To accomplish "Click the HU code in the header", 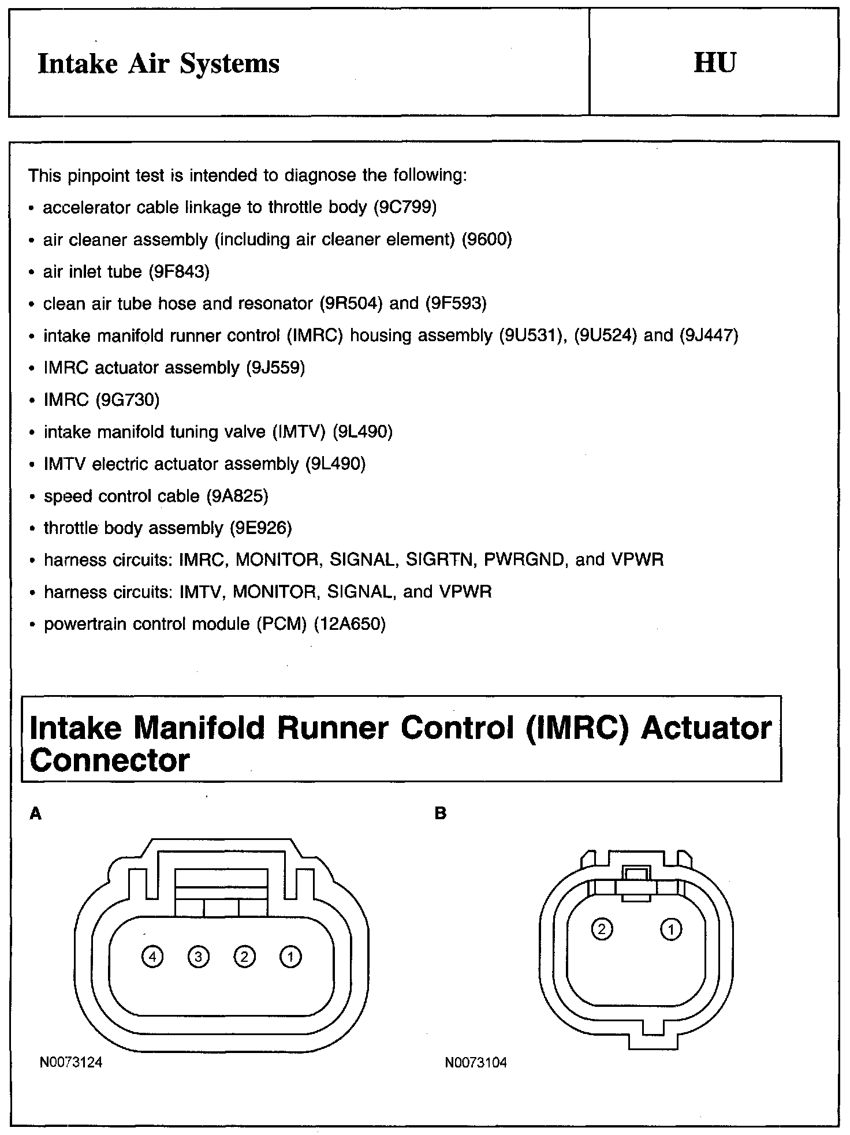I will tap(714, 62).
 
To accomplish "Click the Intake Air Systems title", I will tap(158, 64).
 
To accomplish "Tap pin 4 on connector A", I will tap(152, 957).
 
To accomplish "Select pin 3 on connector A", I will tap(198, 957).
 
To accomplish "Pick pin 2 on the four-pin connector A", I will tap(244, 957).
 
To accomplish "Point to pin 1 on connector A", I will tap(290, 957).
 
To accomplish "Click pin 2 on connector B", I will tap(602, 929).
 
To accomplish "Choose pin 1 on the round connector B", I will tap(671, 929).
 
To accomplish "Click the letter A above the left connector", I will tap(36, 813).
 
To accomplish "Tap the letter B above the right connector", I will tap(441, 813).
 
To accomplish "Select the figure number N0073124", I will tap(71, 1063).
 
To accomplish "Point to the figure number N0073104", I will tap(476, 1063).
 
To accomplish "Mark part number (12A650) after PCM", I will tap(349, 624).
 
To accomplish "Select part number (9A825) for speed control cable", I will tap(237, 496).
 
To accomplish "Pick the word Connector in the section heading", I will tap(110, 760).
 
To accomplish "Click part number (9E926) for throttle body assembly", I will tap(261, 528).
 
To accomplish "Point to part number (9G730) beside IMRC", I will tap(128, 400).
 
